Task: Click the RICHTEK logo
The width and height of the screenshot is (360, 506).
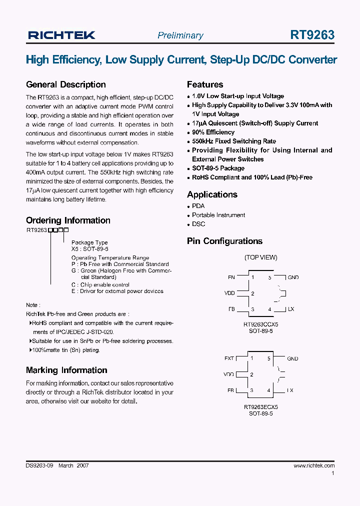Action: [61, 35]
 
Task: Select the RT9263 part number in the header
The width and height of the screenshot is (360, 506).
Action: [312, 35]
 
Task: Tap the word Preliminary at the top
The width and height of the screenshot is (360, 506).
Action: [180, 35]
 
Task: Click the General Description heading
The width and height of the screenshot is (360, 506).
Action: [65, 84]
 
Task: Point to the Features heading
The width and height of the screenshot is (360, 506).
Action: [205, 84]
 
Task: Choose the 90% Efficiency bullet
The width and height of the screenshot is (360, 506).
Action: [213, 132]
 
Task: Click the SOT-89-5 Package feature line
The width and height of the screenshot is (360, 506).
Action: [218, 168]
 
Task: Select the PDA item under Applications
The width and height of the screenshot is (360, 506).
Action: [198, 206]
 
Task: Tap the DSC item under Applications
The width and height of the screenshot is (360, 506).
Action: [198, 224]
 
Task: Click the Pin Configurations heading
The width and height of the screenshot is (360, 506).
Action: [224, 241]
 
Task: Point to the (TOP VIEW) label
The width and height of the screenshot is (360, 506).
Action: [260, 257]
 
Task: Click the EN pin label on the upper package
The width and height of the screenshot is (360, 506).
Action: [231, 277]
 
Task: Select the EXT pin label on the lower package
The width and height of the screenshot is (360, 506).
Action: [229, 358]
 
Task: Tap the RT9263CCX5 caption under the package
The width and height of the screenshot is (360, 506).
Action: [260, 324]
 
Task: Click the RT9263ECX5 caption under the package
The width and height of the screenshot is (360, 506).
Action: [260, 407]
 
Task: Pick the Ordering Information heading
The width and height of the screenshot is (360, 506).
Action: [68, 220]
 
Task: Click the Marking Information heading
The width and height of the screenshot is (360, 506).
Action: [66, 370]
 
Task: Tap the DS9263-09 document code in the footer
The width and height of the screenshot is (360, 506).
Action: [39, 465]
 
